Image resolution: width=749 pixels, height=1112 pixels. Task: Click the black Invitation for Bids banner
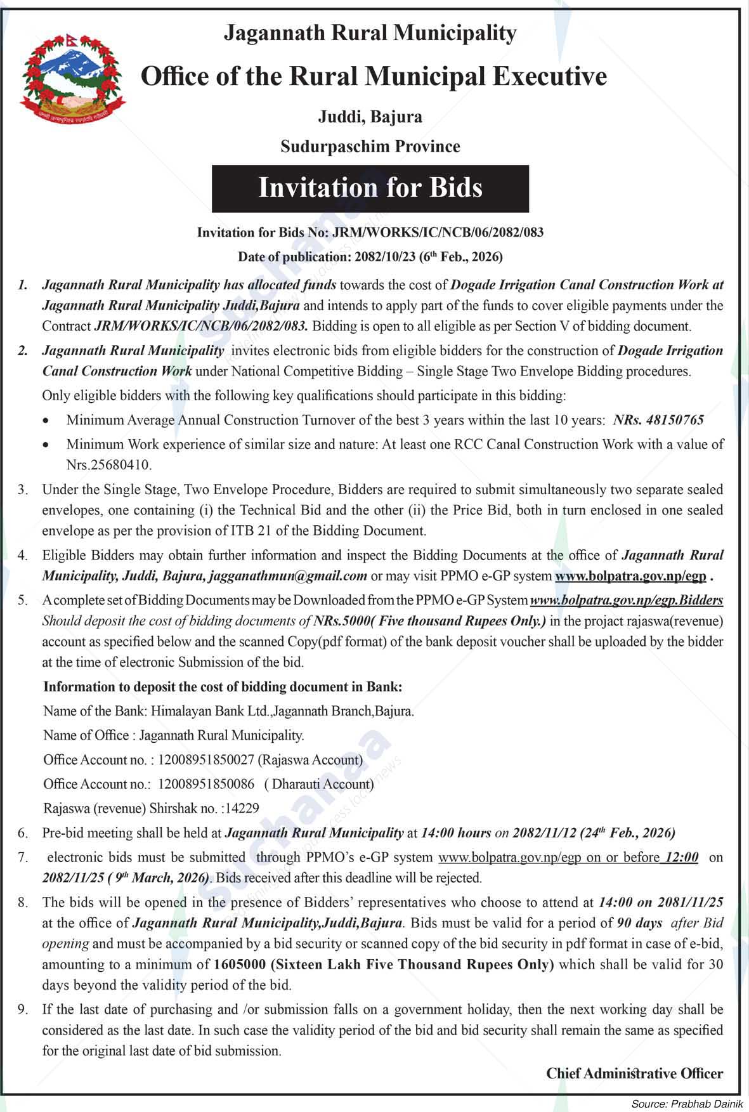(x=370, y=188)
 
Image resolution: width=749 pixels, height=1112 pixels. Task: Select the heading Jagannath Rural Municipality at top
(x=370, y=33)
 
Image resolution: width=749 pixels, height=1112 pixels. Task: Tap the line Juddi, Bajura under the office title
(x=370, y=117)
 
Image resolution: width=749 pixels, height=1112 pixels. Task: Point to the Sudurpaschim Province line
(x=370, y=147)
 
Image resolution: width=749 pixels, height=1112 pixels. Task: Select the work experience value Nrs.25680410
(x=108, y=465)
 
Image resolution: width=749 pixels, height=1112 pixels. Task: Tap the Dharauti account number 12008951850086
(x=205, y=784)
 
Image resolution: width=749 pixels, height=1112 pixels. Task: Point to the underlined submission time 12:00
(x=681, y=858)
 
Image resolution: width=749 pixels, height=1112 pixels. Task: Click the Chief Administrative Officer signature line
(x=634, y=1073)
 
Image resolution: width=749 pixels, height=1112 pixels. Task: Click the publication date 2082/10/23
(x=385, y=257)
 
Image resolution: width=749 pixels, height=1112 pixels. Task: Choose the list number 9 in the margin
(x=23, y=1009)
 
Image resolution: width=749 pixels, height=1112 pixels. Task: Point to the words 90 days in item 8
(x=639, y=923)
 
